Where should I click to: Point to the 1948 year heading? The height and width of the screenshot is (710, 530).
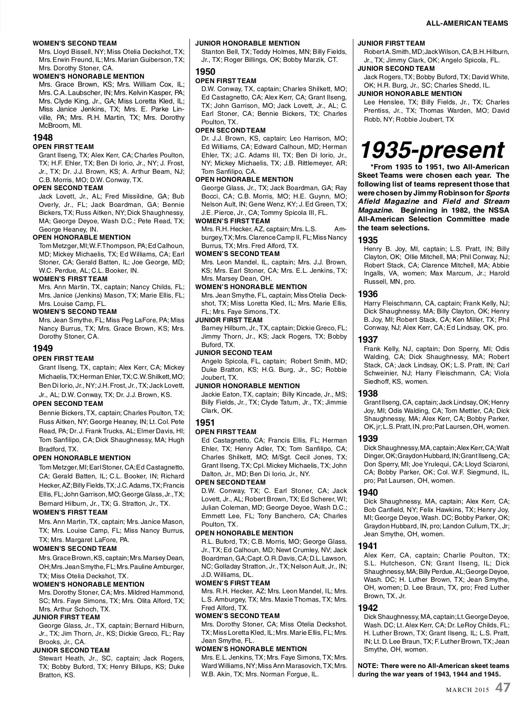(43, 138)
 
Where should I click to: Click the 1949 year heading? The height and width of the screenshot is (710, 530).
(43, 348)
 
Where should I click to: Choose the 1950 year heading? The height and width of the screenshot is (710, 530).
(205, 72)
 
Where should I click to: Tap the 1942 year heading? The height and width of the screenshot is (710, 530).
(367, 608)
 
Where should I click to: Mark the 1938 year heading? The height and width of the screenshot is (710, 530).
(367, 393)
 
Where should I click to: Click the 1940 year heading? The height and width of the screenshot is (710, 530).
(367, 492)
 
